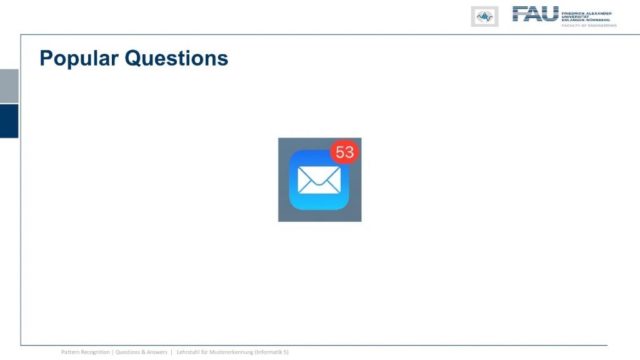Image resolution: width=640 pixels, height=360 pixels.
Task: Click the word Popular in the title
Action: coord(79,59)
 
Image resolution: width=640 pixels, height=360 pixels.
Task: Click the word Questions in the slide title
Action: coord(176,58)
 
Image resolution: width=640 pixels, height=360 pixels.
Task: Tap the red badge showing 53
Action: coord(344,152)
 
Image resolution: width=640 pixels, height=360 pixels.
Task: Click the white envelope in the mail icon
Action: coord(319,180)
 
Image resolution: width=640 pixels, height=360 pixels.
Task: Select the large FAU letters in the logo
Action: coord(535,14)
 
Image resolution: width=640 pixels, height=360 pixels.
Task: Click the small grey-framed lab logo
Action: coord(484,17)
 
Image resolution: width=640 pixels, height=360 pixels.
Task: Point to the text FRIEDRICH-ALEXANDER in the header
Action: coord(586,14)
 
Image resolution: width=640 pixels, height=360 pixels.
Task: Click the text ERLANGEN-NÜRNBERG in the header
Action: coord(586,19)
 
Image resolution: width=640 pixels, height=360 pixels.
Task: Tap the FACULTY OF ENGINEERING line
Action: coord(589,25)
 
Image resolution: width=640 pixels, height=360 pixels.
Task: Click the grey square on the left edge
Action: coord(9,86)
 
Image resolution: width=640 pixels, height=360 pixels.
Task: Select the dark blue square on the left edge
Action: coord(9,121)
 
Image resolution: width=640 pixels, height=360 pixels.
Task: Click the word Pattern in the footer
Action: coord(70,352)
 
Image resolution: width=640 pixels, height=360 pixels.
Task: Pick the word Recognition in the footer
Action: coord(95,352)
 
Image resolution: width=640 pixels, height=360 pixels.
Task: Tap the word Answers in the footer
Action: coord(157,352)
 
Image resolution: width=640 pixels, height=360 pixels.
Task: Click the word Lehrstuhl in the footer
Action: coord(187,352)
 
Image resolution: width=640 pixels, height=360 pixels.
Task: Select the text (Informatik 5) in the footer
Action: coord(272,352)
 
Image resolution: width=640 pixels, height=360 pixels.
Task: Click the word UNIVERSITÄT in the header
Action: coord(576,17)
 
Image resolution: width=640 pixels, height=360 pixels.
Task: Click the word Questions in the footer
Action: coord(127,352)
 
